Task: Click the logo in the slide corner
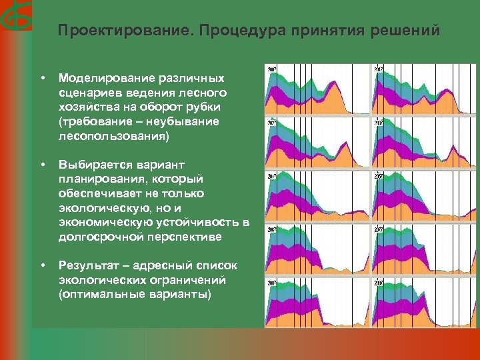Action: (15, 17)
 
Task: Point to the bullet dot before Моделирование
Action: (42, 79)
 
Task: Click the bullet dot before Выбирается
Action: (42, 164)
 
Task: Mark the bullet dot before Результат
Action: (42, 265)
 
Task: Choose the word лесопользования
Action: (112, 136)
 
